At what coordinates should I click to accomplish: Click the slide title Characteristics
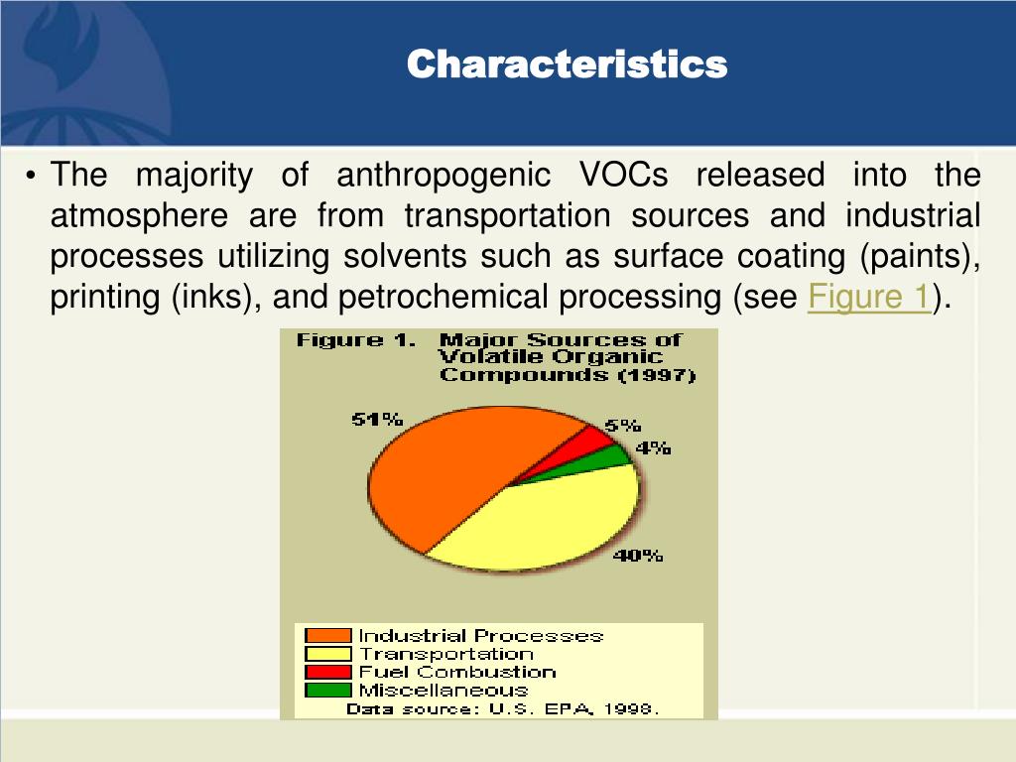click(x=568, y=64)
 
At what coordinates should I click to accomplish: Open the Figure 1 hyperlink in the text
click(x=869, y=298)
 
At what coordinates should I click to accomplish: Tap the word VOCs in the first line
click(x=622, y=176)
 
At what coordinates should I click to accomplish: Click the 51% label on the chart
click(x=377, y=420)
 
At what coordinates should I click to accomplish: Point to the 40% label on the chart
click(x=637, y=556)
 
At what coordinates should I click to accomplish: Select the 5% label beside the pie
click(x=623, y=427)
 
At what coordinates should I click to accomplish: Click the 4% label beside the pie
click(x=654, y=448)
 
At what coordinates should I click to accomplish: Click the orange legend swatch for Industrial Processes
click(x=328, y=636)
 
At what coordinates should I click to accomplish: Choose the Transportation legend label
click(x=445, y=654)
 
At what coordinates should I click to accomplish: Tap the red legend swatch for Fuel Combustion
click(x=328, y=672)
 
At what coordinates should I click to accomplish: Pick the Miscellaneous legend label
click(x=443, y=690)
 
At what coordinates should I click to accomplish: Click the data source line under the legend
click(x=502, y=708)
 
